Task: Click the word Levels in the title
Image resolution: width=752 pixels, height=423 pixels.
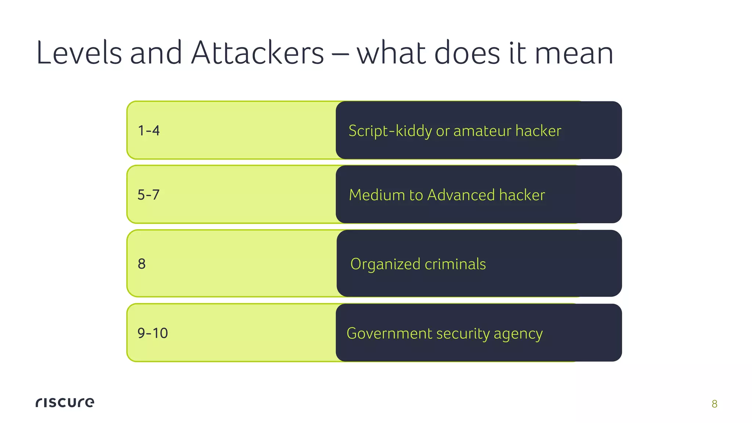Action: tap(79, 53)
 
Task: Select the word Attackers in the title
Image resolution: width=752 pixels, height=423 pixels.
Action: tap(257, 53)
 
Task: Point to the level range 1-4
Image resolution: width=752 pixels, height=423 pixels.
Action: tap(149, 131)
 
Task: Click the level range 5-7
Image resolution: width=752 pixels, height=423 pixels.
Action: tap(148, 195)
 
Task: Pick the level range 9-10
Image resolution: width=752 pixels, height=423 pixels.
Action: tap(152, 333)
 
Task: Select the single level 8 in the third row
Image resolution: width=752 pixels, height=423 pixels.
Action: tap(142, 264)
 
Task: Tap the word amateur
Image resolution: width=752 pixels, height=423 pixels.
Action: tap(482, 131)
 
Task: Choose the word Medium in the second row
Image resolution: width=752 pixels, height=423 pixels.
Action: tap(377, 195)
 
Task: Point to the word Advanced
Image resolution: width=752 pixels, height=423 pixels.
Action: tap(461, 195)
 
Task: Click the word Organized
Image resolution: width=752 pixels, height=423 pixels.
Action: tap(385, 264)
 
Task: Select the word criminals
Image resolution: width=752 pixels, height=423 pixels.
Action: tap(455, 264)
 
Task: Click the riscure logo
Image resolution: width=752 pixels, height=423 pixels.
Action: tap(65, 402)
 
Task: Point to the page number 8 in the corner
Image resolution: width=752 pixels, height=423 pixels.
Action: tap(714, 404)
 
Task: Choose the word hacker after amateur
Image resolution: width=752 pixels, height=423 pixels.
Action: tap(538, 131)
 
